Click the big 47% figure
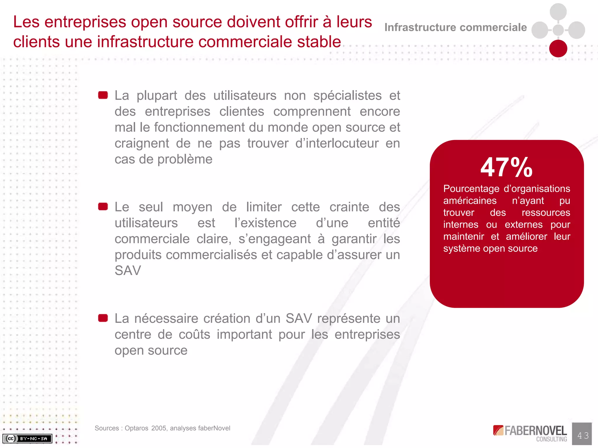[x=507, y=167]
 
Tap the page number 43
[x=583, y=435]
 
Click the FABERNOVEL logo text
[x=535, y=430]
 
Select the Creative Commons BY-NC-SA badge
[x=27, y=438]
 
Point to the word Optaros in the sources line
[x=136, y=428]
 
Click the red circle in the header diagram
[x=558, y=48]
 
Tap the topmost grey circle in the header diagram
[x=558, y=12]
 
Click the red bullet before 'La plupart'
[x=103, y=95]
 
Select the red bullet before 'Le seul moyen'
[x=103, y=206]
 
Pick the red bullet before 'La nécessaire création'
[x=103, y=318]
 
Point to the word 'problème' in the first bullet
[x=185, y=159]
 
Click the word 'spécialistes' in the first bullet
[x=347, y=95]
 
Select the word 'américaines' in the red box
[x=470, y=201]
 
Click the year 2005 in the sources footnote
[x=159, y=428]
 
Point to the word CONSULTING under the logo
[x=551, y=439]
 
